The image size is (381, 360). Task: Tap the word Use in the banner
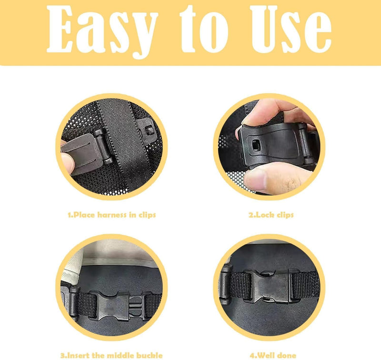pyautogui.click(x=291, y=30)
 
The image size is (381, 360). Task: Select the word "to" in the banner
pyautogui.click(x=204, y=29)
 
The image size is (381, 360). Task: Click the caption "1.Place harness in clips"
pyautogui.click(x=112, y=215)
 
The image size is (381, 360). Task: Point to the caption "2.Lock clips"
pyautogui.click(x=271, y=215)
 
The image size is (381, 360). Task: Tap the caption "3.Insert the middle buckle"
pyautogui.click(x=111, y=355)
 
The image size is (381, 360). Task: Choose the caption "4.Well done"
pyautogui.click(x=273, y=355)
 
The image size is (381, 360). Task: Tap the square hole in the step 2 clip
pyautogui.click(x=255, y=145)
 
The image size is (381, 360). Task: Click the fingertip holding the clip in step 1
pyautogui.click(x=67, y=163)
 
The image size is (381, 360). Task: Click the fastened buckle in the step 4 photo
pyautogui.click(x=271, y=287)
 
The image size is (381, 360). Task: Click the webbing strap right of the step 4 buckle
pyautogui.click(x=305, y=286)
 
